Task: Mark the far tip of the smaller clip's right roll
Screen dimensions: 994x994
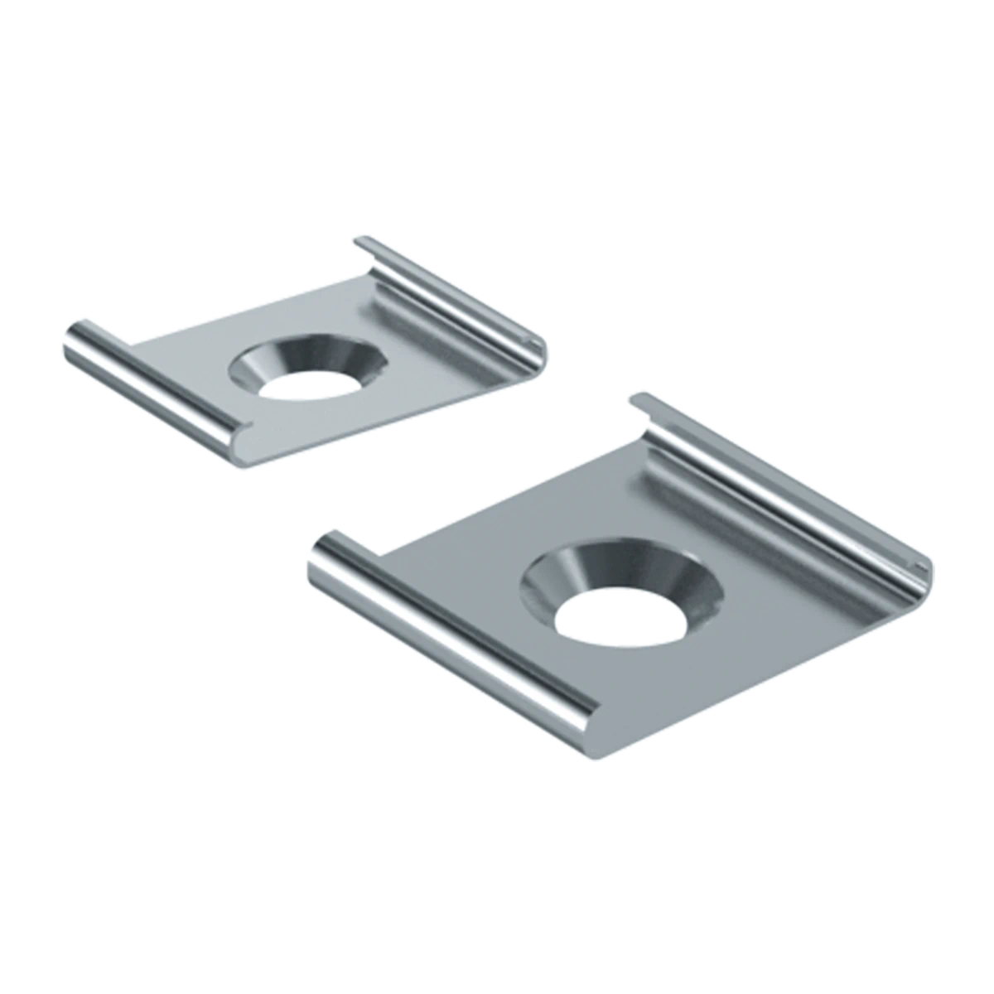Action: (363, 242)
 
